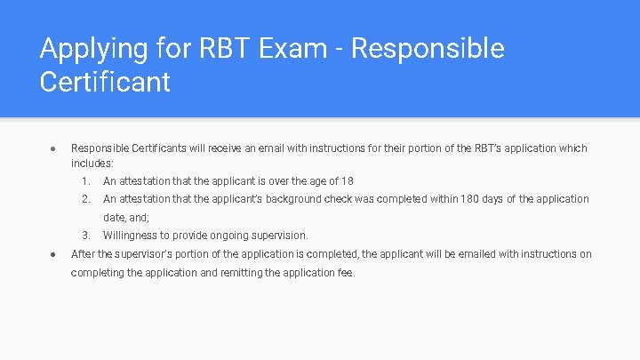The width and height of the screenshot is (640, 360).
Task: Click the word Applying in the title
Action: coord(82,50)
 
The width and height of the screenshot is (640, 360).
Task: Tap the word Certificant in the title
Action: coord(105,83)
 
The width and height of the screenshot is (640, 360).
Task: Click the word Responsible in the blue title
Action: coord(428,48)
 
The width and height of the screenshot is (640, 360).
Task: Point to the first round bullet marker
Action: coord(52,148)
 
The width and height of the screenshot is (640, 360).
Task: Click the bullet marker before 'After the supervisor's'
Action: coord(52,254)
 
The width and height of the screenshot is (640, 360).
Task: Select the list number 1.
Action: coord(85,181)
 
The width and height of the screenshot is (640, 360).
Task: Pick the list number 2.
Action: coord(85,199)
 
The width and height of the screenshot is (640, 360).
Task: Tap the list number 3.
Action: coord(85,236)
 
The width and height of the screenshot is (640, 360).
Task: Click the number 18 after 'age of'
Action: coord(347,181)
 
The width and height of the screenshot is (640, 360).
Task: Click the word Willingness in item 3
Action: coord(129,236)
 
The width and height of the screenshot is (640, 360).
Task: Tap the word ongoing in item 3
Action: coord(226,236)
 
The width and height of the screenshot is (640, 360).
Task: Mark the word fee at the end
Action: coord(346,273)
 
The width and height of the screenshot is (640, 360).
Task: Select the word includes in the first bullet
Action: coord(91,164)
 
